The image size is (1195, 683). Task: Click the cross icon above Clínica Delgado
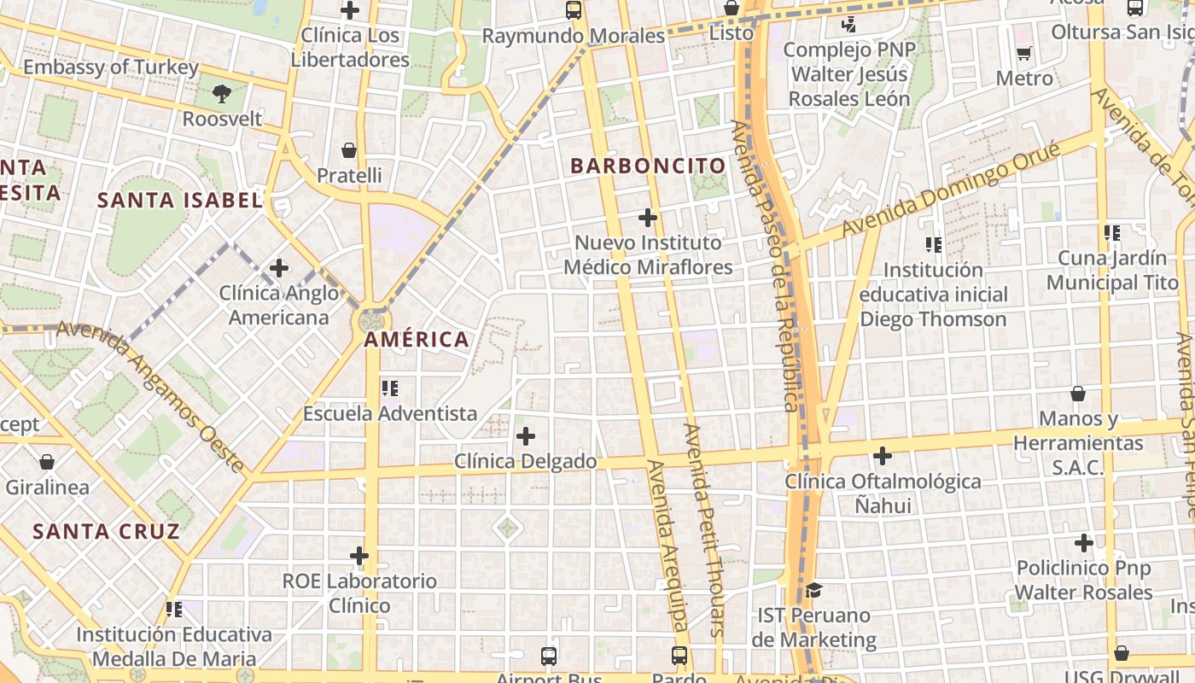tap(526, 437)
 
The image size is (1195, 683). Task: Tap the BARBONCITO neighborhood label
tap(648, 166)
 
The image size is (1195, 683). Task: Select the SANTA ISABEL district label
tap(179, 201)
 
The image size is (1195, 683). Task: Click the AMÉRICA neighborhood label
tap(417, 340)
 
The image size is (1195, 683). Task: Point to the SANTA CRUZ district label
tap(107, 531)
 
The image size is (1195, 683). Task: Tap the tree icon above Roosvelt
tap(222, 93)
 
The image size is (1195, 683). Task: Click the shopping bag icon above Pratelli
tap(349, 151)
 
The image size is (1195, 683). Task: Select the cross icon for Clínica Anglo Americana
tap(279, 268)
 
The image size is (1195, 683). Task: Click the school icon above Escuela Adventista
tap(390, 388)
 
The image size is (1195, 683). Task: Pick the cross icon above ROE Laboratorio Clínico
tap(359, 557)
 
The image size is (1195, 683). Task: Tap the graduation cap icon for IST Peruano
tap(813, 591)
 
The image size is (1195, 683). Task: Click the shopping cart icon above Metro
tap(1024, 53)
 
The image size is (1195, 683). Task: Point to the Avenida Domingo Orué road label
tap(951, 190)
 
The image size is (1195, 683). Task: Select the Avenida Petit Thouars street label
tap(705, 529)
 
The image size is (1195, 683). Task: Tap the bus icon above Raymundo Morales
tap(574, 11)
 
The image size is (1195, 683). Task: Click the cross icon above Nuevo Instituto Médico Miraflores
tap(648, 218)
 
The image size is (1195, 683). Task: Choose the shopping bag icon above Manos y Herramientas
tap(1078, 394)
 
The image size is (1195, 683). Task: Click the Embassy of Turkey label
tap(111, 67)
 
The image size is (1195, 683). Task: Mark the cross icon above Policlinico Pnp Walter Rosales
tap(1083, 543)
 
